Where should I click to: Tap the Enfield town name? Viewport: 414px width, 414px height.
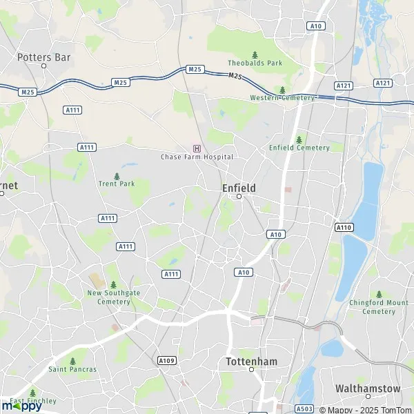239,188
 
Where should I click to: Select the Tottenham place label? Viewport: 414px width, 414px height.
251,361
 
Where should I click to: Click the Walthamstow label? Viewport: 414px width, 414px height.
367,388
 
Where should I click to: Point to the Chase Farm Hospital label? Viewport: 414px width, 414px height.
197,157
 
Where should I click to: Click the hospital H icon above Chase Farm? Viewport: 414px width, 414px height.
197,148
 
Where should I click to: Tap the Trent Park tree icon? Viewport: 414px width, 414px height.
116,175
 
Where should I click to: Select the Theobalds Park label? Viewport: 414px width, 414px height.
255,63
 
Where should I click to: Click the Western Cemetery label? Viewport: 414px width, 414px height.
282,97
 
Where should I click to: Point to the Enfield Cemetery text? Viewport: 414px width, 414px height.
299,147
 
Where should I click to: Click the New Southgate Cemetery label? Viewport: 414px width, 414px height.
113,297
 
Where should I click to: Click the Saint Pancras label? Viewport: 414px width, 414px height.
72,369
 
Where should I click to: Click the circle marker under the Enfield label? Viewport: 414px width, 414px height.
239,197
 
